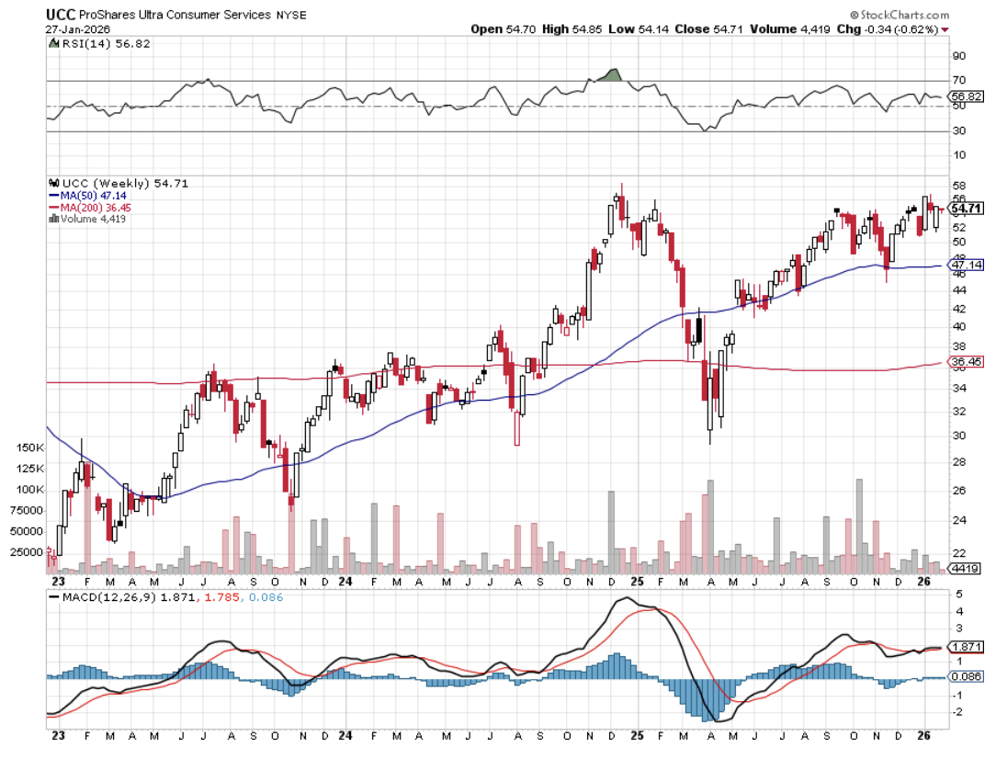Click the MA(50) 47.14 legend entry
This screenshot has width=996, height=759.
click(x=86, y=196)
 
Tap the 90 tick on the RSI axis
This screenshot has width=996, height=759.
click(x=958, y=56)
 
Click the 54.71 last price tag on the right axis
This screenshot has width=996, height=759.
click(x=967, y=209)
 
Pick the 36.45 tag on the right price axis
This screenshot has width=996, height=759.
click(x=967, y=362)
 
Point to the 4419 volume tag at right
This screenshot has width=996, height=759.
click(x=965, y=569)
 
